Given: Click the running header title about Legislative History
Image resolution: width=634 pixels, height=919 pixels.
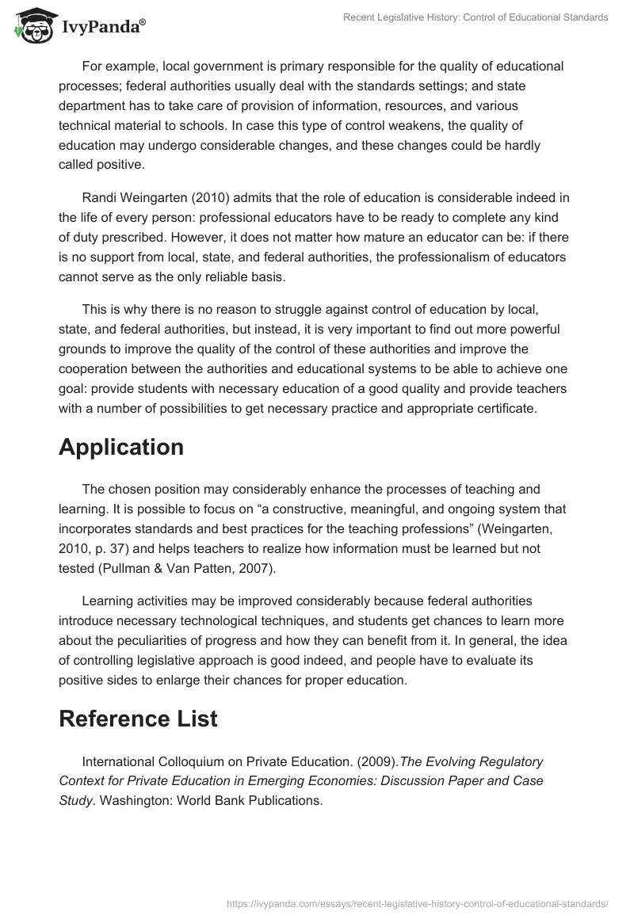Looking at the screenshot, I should (475, 17).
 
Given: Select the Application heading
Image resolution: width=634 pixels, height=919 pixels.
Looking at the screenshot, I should (120, 447).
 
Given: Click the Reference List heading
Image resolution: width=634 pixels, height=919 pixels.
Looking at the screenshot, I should (138, 719).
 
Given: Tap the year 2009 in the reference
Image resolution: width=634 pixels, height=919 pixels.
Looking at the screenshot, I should (379, 761).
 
